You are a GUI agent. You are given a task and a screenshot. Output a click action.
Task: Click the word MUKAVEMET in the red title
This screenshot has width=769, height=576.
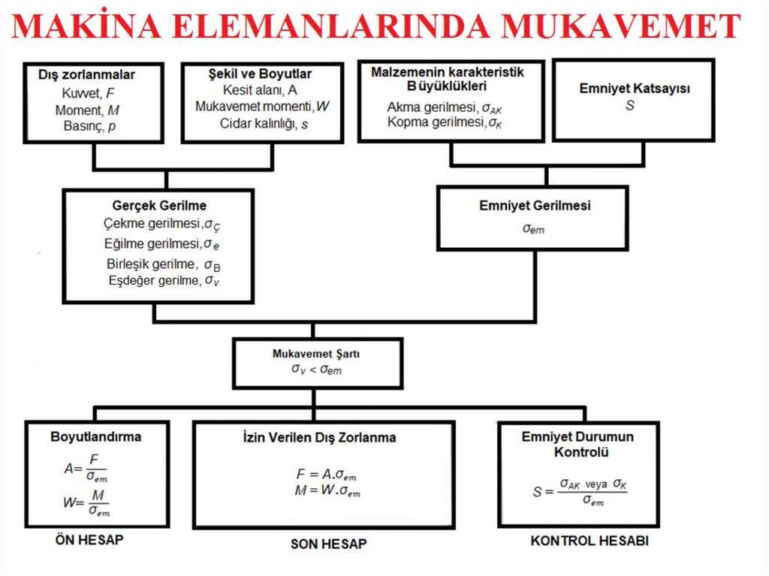pyautogui.click(x=621, y=28)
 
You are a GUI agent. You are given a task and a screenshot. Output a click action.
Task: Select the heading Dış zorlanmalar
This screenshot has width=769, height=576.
pyautogui.click(x=86, y=75)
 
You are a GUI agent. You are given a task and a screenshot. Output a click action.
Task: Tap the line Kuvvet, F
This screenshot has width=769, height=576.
pyautogui.click(x=89, y=94)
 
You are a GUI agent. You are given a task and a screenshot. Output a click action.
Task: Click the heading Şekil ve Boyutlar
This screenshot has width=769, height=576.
pyautogui.click(x=260, y=74)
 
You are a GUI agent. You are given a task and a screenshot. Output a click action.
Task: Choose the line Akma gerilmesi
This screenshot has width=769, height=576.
pyautogui.click(x=444, y=107)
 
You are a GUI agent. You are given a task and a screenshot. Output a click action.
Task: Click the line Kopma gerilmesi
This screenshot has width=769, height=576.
pyautogui.click(x=444, y=122)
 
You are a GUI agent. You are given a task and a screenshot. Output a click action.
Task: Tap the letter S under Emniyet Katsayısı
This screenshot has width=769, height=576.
pyautogui.click(x=629, y=106)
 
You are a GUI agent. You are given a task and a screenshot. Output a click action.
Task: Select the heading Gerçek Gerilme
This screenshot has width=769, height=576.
pyautogui.click(x=159, y=206)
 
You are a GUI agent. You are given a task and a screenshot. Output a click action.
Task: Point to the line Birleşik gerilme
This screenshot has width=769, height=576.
pyautogui.click(x=163, y=264)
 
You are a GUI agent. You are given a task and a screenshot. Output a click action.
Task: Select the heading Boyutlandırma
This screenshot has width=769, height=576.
pyautogui.click(x=95, y=436)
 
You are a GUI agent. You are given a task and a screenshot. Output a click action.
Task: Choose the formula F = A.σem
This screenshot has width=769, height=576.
pyautogui.click(x=326, y=475)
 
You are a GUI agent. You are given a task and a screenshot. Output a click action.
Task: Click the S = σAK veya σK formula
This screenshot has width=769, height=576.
pyautogui.click(x=579, y=492)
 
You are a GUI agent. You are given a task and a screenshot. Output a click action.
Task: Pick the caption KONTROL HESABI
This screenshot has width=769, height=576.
pyautogui.click(x=590, y=541)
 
